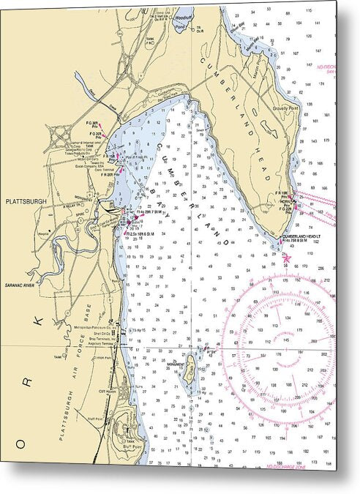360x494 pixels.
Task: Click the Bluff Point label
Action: pyautogui.click(x=132, y=444)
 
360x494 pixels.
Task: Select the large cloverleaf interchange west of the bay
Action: pyautogui.click(x=58, y=136)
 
